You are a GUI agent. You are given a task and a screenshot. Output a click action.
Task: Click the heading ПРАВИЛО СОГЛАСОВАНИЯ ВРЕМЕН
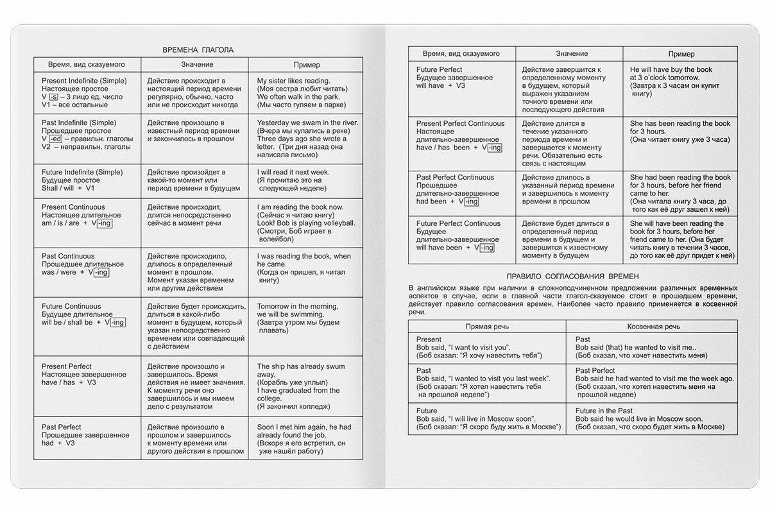(x=572, y=276)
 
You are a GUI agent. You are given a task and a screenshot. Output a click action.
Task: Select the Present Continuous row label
(x=73, y=207)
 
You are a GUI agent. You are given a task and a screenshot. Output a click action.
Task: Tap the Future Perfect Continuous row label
(x=458, y=223)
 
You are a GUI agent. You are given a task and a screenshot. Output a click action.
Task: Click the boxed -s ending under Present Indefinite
(x=53, y=97)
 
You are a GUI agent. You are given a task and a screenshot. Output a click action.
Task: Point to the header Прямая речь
(x=487, y=326)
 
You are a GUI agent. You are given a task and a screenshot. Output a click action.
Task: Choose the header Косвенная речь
(x=651, y=326)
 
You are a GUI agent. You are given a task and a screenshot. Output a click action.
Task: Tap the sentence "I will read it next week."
(x=293, y=173)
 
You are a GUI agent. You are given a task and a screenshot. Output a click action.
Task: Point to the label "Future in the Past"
(x=604, y=411)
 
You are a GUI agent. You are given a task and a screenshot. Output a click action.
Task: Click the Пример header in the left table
(x=306, y=65)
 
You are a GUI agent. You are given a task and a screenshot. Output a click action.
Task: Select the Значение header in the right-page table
(x=572, y=54)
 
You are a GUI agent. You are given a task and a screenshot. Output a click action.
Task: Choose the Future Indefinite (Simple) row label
(x=81, y=172)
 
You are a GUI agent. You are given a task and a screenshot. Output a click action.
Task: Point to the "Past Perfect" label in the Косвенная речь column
(x=595, y=370)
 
